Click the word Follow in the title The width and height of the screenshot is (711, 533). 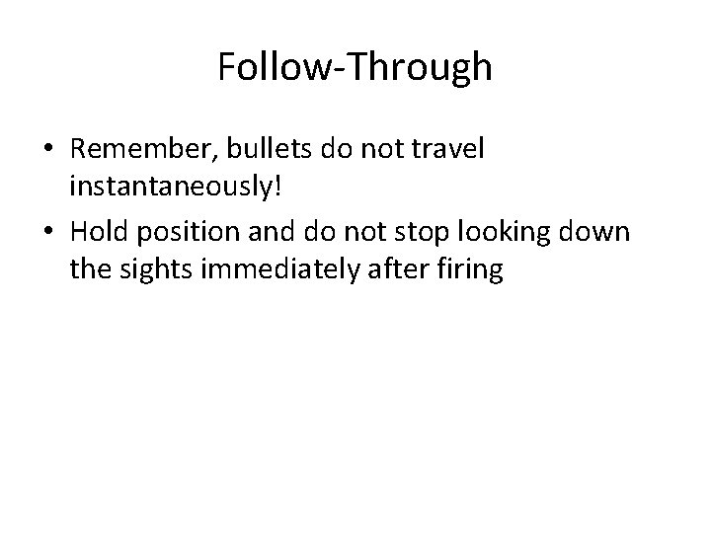tap(260, 67)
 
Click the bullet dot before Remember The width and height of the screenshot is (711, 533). tap(48, 150)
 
